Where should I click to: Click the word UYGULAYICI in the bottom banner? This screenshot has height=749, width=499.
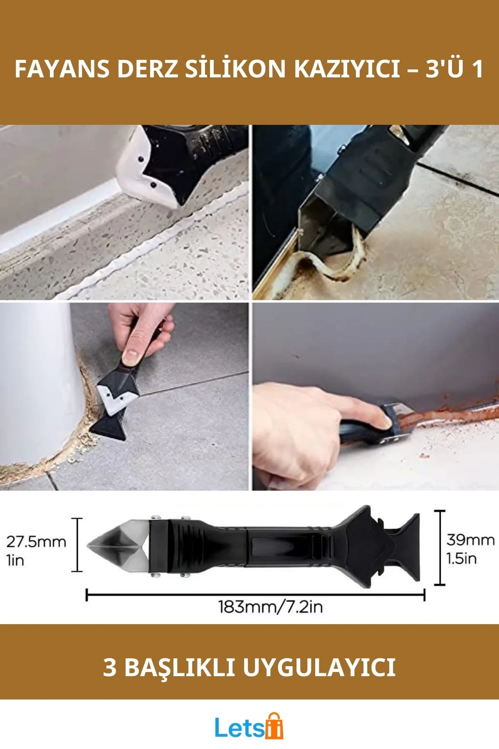click(x=319, y=667)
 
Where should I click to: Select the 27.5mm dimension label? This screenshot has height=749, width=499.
click(x=36, y=542)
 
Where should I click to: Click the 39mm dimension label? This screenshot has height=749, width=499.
click(x=470, y=540)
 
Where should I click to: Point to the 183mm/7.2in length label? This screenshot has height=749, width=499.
click(x=271, y=607)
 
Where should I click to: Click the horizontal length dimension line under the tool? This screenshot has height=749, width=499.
click(x=255, y=595)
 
